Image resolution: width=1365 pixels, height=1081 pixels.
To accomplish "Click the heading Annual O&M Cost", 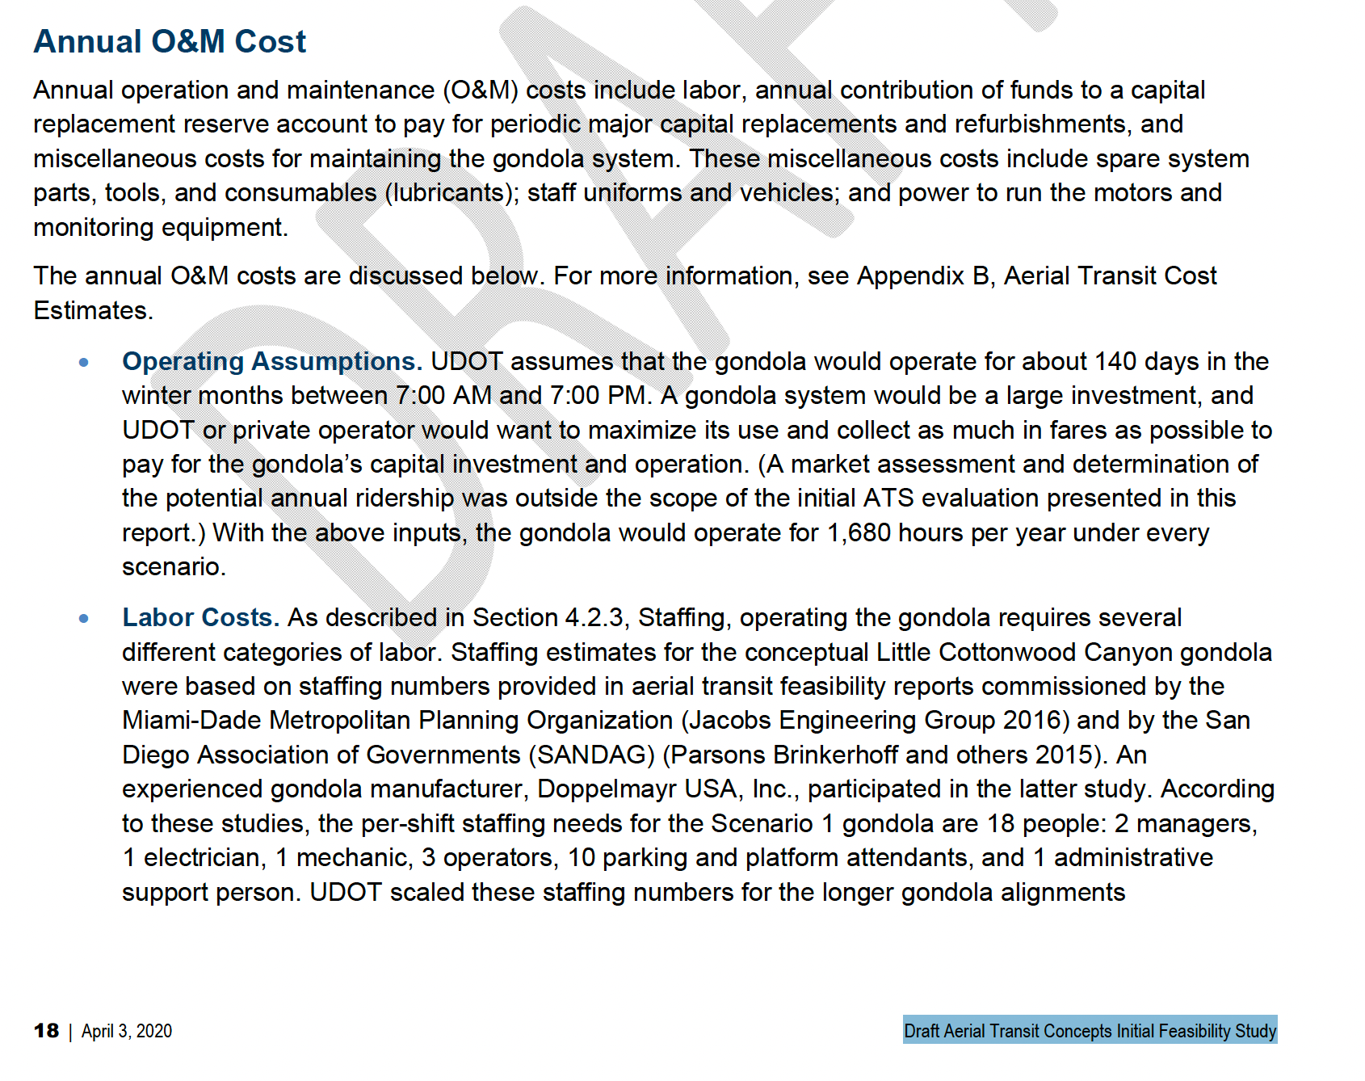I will click(x=170, y=42).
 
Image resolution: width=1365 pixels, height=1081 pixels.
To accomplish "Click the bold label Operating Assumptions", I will click(x=271, y=361).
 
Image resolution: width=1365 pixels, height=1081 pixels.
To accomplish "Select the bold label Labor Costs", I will click(x=200, y=617).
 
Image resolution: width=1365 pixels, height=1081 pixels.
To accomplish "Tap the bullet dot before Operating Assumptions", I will click(x=84, y=363).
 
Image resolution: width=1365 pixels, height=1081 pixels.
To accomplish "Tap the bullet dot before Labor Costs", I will click(x=84, y=619).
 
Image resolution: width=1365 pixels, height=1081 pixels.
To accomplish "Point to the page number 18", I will click(x=46, y=1031).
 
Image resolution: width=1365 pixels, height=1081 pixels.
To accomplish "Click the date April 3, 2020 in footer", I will click(x=127, y=1031).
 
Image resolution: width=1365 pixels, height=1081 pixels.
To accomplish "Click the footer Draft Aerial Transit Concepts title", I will click(x=1090, y=1030).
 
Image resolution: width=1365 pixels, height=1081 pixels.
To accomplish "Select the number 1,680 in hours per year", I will click(x=859, y=533).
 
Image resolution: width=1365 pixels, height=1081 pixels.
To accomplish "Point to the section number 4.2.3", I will click(x=594, y=617).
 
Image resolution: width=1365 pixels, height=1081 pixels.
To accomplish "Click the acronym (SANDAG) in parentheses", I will click(x=591, y=755).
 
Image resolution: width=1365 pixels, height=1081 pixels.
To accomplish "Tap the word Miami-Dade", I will click(x=192, y=721).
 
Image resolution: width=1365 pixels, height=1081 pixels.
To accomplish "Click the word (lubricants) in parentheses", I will click(x=451, y=193).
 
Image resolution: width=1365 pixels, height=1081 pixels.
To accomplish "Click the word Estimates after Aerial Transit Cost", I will click(x=92, y=310).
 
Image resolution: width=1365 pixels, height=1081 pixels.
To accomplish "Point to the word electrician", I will click(x=204, y=858).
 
